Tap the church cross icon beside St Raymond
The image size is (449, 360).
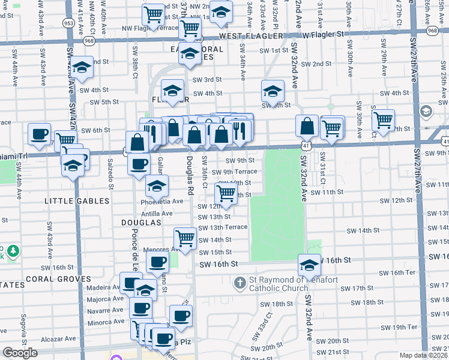point(240,281)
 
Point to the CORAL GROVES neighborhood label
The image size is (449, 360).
point(58,279)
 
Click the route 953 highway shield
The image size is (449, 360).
point(68,23)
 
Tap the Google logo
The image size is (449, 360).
point(20,353)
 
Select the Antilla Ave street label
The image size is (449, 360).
point(158,213)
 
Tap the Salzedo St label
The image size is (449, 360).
point(110,177)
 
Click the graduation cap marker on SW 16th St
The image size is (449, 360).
point(309,265)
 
